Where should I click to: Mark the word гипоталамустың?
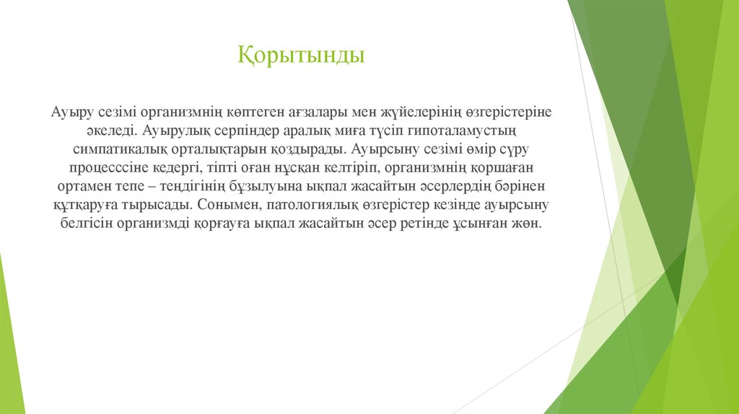tap(470, 131)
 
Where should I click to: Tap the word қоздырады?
tap(312, 150)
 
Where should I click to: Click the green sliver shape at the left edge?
tap(9, 339)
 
